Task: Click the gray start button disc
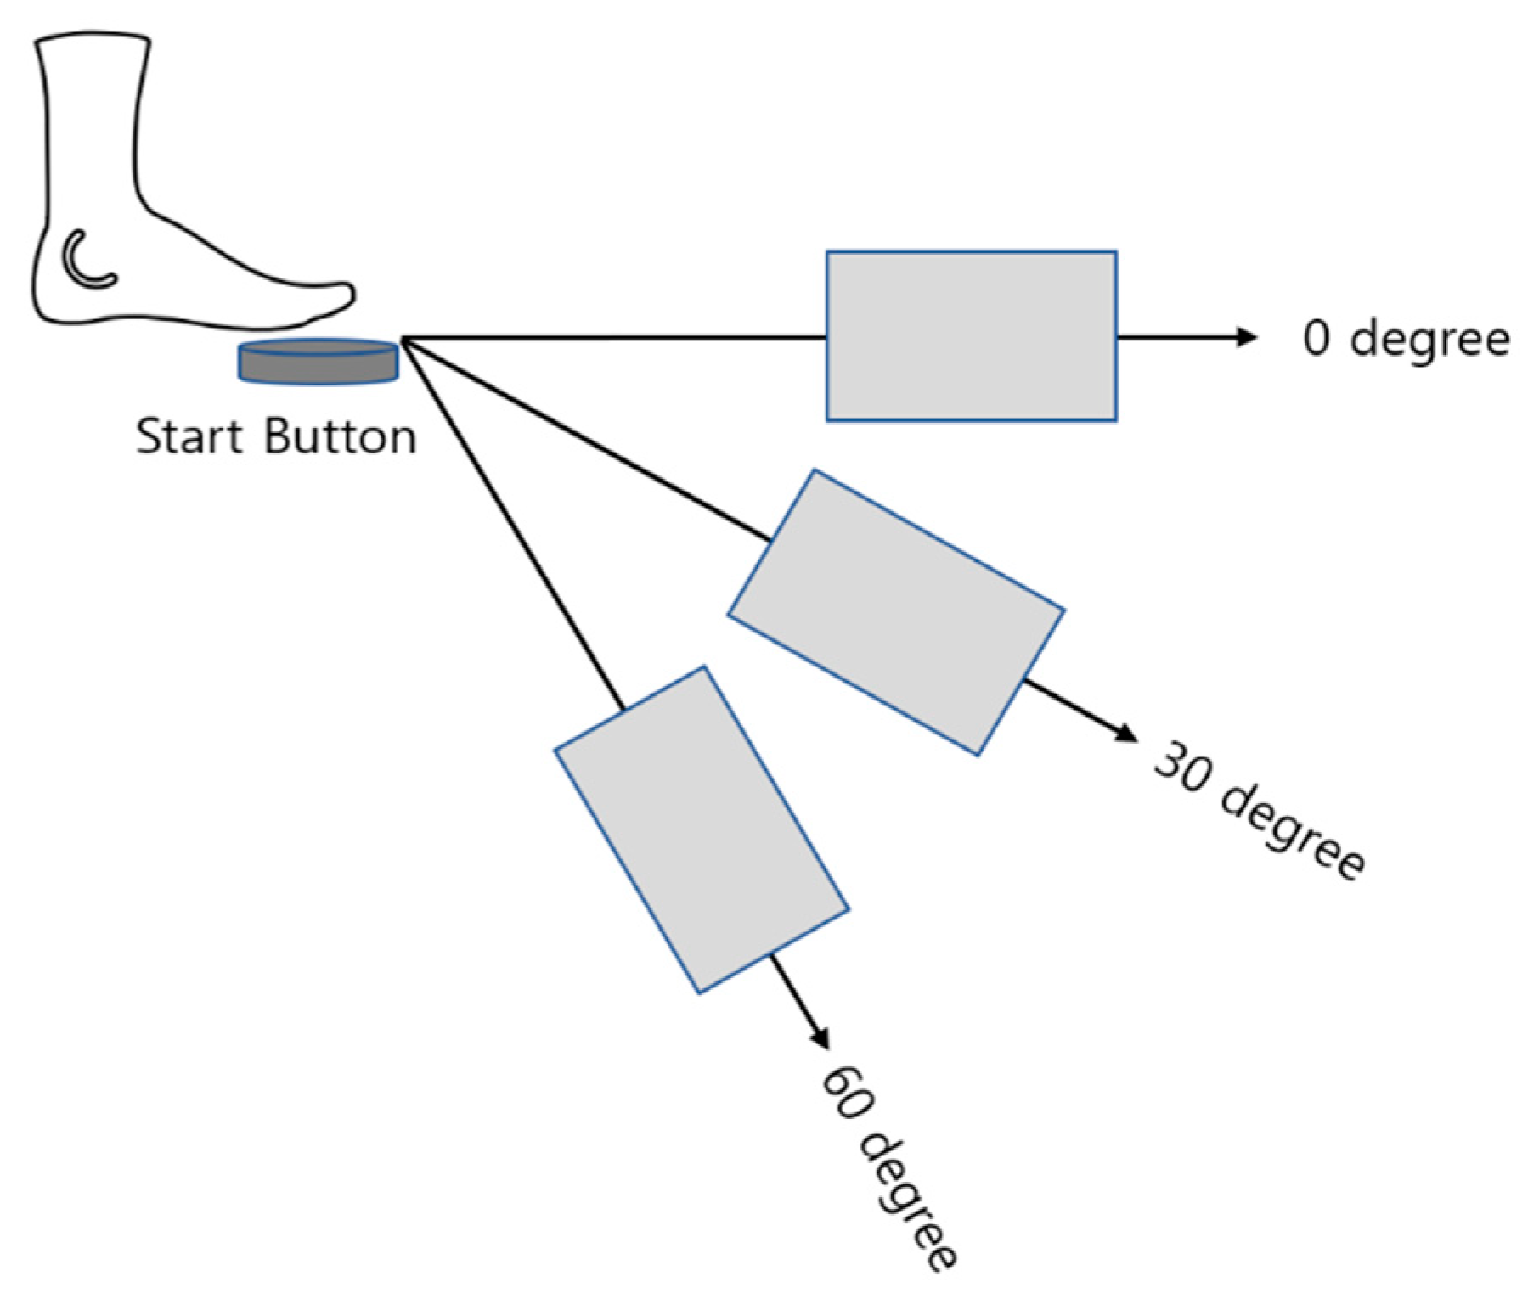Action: pos(319,362)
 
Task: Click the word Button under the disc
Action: pos(341,437)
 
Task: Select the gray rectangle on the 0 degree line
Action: pos(971,335)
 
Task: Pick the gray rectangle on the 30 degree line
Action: pos(896,611)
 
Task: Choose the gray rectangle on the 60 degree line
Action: pos(702,829)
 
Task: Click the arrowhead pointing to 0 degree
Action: pos(1246,337)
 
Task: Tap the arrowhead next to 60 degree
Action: pos(820,1038)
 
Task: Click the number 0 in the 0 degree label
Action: pos(1317,339)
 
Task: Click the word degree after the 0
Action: pos(1430,340)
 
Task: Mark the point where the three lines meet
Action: pos(401,339)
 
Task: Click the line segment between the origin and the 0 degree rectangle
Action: pos(612,337)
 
